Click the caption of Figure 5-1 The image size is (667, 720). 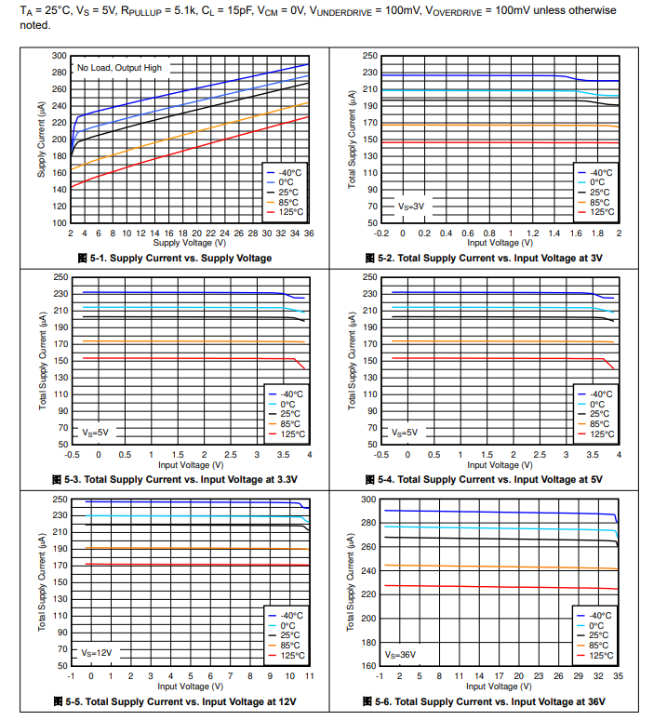coord(176,258)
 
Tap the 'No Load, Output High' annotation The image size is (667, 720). coord(119,68)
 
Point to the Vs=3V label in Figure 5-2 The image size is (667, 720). coord(410,206)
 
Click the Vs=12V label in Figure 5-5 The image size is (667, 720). coord(96,653)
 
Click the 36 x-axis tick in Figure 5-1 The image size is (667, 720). coord(309,233)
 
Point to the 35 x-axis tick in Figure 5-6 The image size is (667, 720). coord(618,676)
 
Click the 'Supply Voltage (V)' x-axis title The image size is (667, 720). coord(191,243)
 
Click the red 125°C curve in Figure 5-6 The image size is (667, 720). coord(502,587)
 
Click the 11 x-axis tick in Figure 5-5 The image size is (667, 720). coord(308,676)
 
